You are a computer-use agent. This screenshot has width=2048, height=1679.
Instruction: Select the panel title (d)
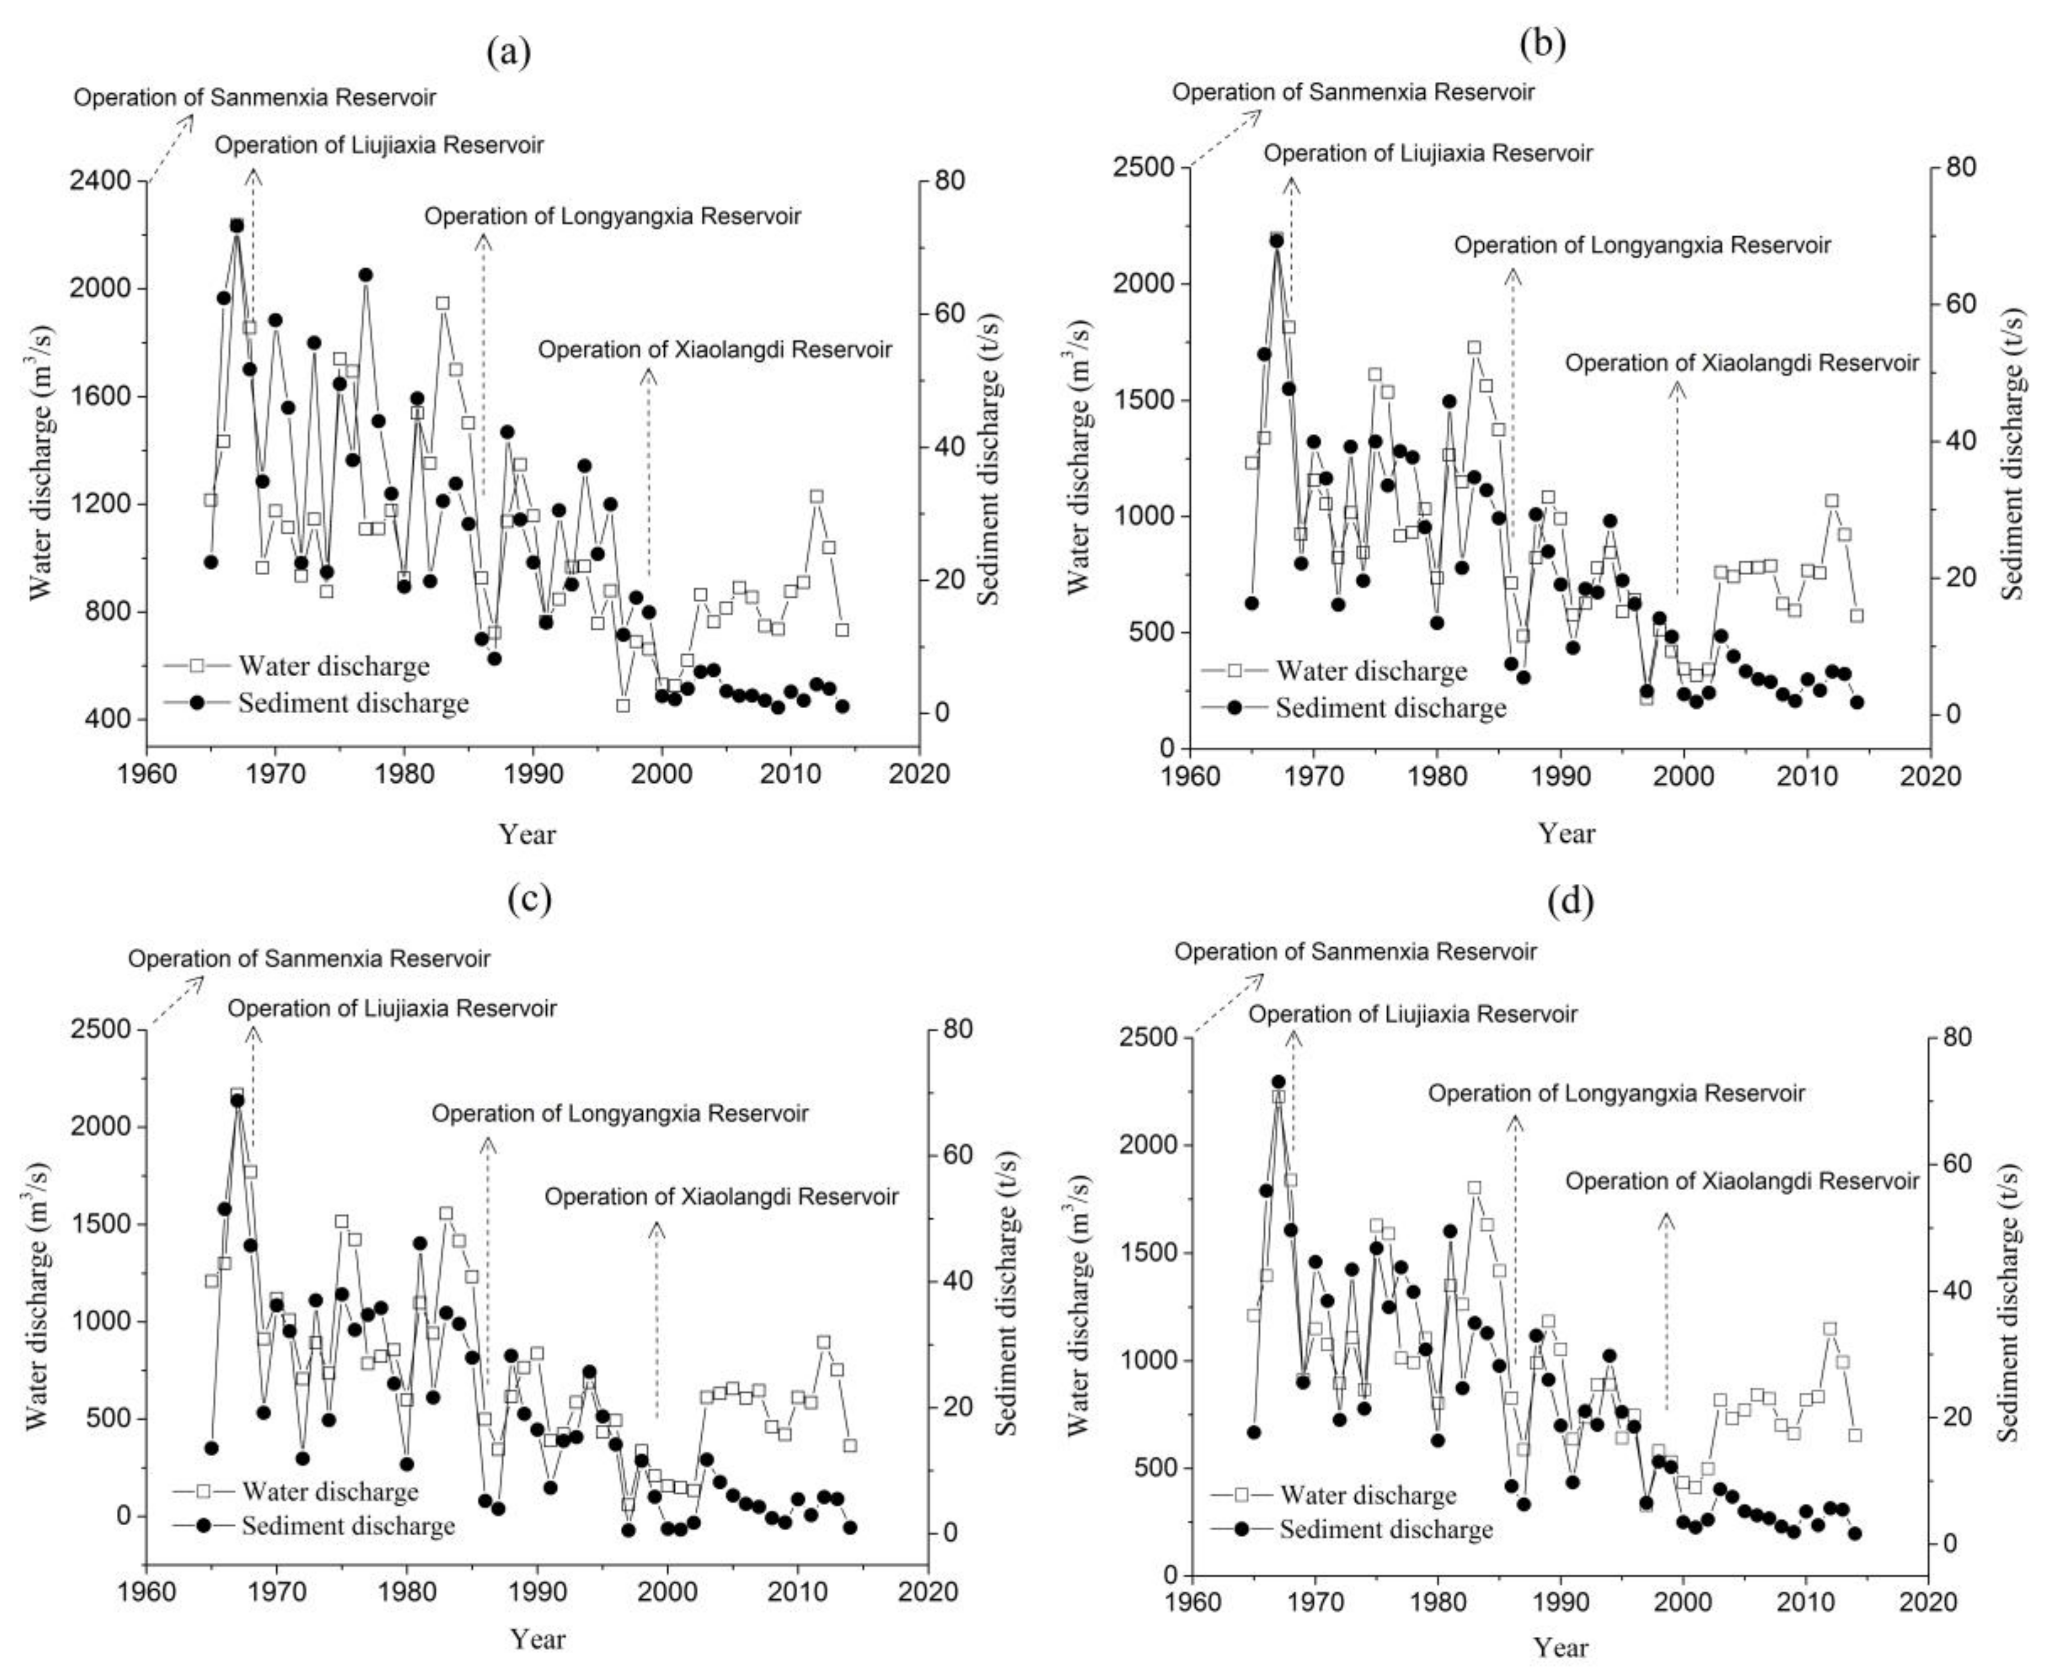(1569, 901)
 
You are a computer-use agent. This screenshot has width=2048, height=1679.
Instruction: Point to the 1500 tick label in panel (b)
(1145, 401)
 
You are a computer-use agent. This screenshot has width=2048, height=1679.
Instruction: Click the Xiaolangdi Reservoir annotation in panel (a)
(715, 349)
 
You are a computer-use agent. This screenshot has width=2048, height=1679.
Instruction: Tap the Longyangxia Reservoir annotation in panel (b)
(1642, 246)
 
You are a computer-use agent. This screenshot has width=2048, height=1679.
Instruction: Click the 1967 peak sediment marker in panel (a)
(236, 226)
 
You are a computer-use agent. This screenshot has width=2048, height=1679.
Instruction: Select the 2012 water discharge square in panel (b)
(1831, 501)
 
